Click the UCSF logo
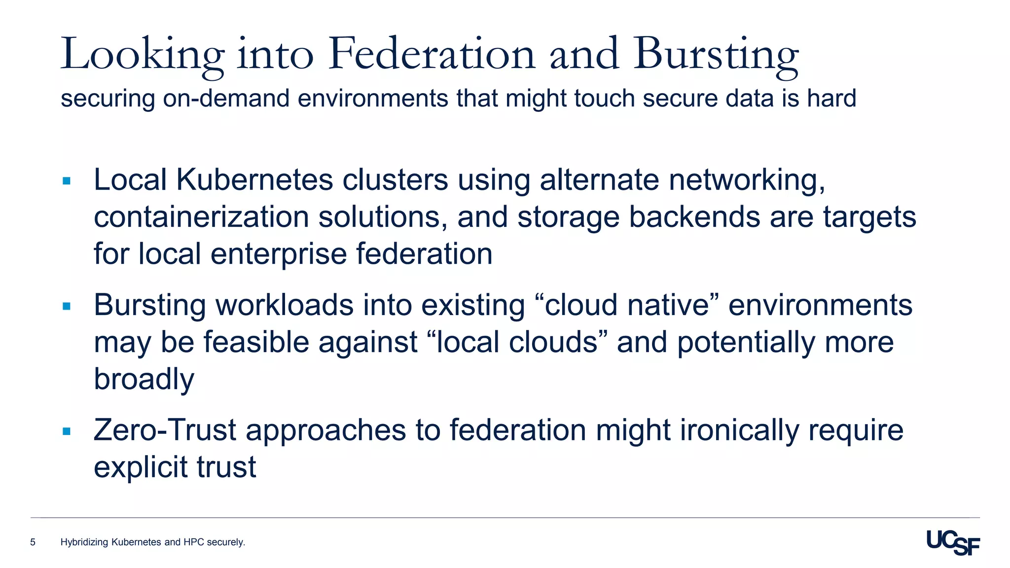[x=953, y=543]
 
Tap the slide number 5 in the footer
[x=33, y=542]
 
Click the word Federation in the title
[x=432, y=54]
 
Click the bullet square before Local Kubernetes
[x=67, y=181]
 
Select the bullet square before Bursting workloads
[x=67, y=307]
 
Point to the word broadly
[x=144, y=380]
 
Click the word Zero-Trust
[x=165, y=430]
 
